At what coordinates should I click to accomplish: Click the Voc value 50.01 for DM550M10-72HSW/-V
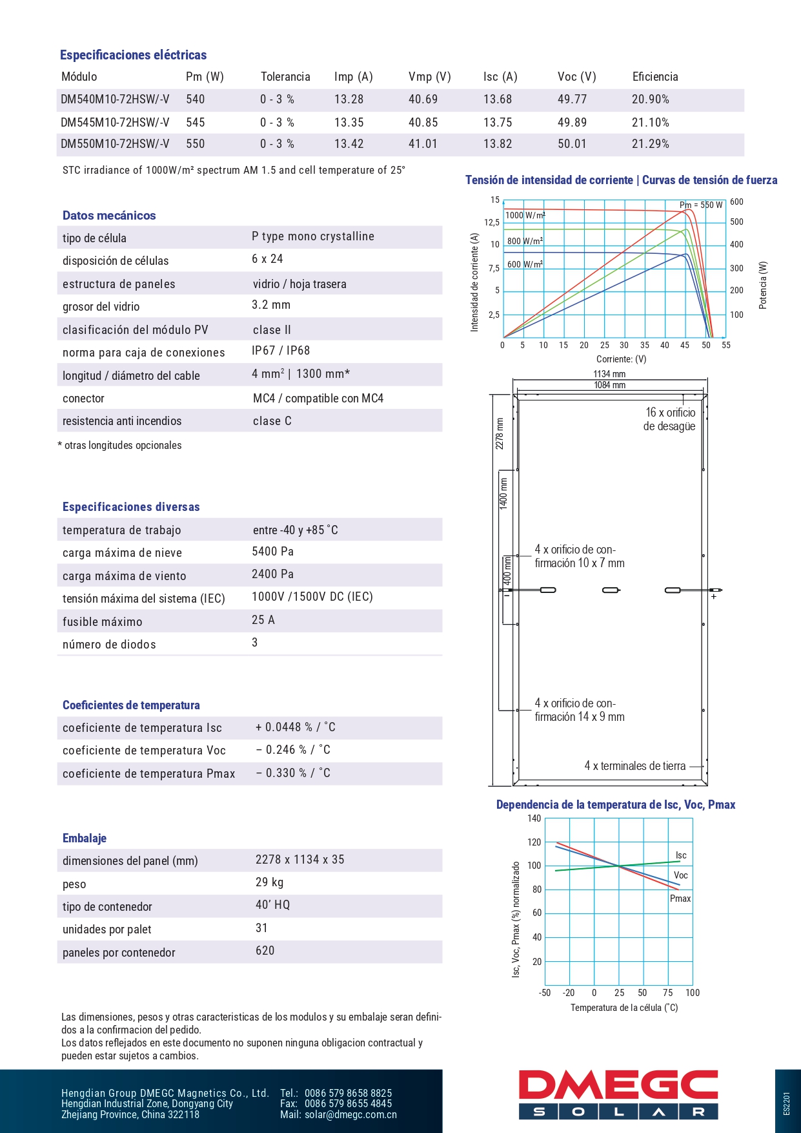[x=572, y=144]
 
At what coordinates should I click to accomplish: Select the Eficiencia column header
[x=655, y=77]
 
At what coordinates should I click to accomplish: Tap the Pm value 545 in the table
[x=195, y=123]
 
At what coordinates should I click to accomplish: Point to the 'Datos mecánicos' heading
[x=109, y=216]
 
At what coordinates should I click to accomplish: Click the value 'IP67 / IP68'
[x=281, y=351]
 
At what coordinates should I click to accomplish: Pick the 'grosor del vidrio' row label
[x=101, y=307]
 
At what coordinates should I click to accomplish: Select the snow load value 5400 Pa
[x=272, y=552]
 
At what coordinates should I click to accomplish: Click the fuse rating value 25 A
[x=263, y=620]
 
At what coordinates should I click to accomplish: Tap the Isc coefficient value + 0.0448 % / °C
[x=295, y=727]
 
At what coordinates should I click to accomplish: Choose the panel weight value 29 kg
[x=269, y=882]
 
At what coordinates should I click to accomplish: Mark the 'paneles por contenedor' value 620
[x=265, y=951]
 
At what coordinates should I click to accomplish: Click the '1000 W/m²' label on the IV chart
[x=525, y=216]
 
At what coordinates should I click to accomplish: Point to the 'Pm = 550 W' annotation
[x=701, y=205]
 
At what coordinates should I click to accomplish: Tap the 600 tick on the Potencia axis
[x=736, y=202]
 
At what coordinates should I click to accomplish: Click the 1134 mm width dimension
[x=609, y=374]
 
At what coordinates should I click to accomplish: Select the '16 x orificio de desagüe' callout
[x=670, y=419]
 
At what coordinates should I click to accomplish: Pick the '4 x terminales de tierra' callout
[x=635, y=766]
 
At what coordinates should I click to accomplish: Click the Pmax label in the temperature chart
[x=680, y=899]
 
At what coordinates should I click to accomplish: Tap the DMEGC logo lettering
[x=618, y=1086]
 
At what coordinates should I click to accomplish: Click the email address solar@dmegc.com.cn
[x=350, y=1115]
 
